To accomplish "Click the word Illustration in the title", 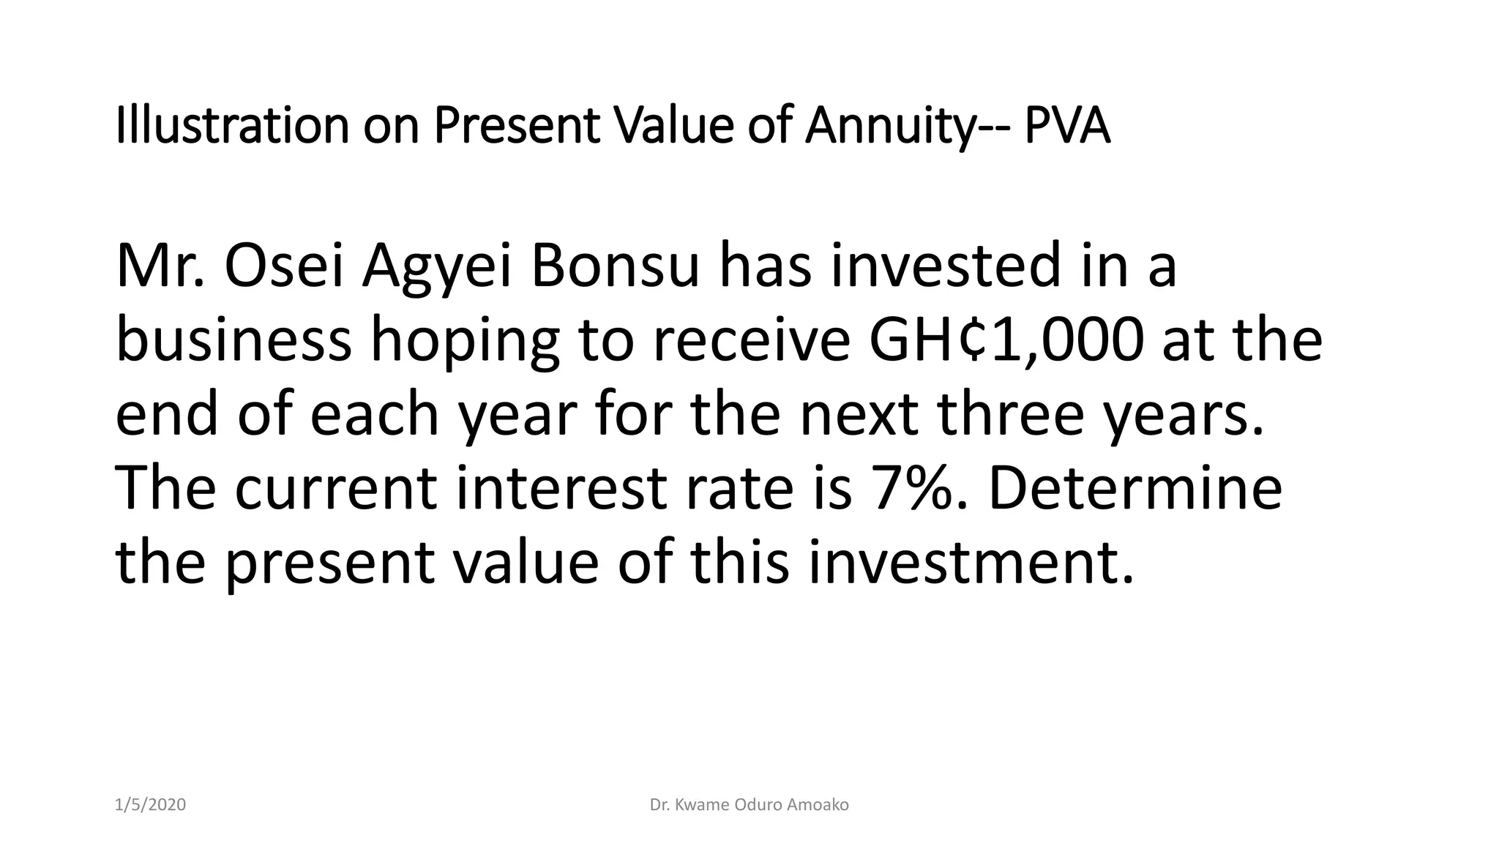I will click(232, 125).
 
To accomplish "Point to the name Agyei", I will click(436, 267).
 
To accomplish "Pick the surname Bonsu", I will click(614, 266).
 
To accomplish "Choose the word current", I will click(336, 488).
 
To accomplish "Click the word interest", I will click(561, 488).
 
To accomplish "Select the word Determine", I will click(1134, 488).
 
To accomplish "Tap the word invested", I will click(945, 266).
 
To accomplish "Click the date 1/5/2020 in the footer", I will click(151, 805).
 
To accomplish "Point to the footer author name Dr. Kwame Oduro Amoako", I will click(749, 805).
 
